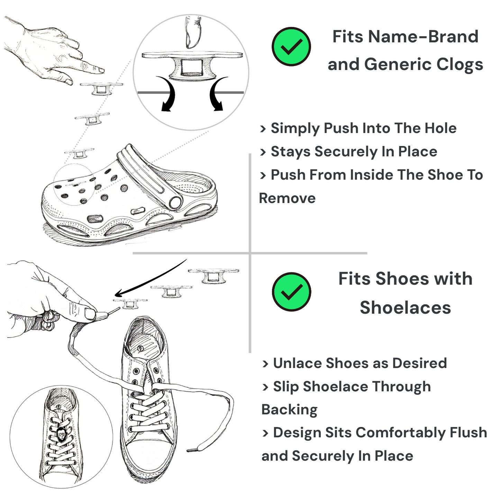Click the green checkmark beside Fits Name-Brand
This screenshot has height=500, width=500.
291,46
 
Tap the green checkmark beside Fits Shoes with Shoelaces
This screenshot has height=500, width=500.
291,292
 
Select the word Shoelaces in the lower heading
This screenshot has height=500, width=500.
405,308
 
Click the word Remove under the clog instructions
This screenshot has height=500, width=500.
287,198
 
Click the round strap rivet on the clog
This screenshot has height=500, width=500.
175,202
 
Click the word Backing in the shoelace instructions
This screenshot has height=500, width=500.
289,410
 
